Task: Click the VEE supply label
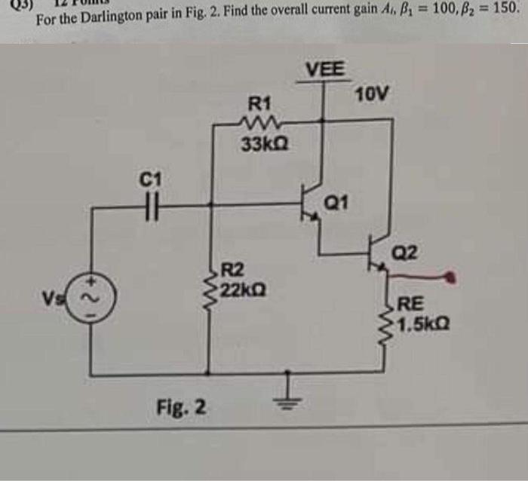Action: click(325, 69)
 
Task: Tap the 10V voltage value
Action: click(374, 94)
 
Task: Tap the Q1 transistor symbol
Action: click(310, 202)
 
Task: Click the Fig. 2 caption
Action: click(181, 408)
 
